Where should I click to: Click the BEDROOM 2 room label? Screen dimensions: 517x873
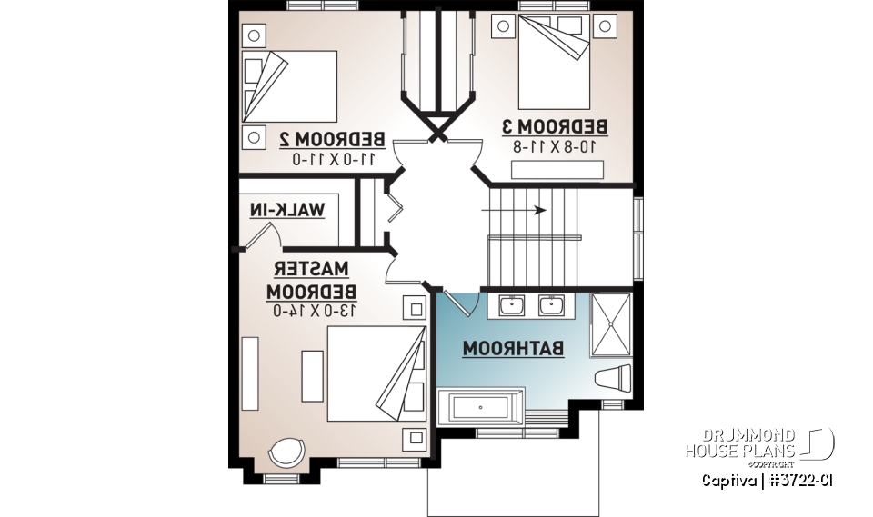(331, 139)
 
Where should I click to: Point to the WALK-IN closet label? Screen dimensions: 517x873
(286, 210)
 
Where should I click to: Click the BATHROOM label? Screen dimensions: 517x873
(513, 348)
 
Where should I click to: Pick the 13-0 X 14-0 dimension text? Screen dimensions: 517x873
(313, 311)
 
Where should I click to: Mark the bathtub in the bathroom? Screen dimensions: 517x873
(480, 405)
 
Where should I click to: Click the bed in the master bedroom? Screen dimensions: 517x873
(376, 373)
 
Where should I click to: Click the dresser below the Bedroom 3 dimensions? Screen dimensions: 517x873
(557, 170)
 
